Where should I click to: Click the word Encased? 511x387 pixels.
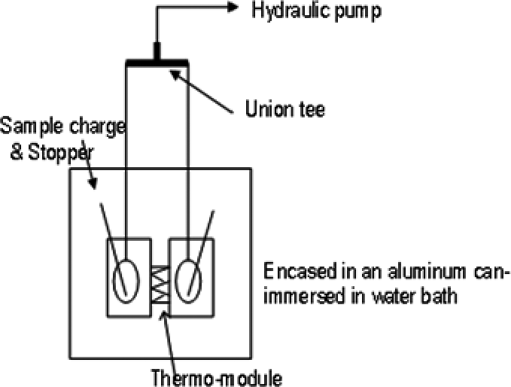point(297,270)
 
